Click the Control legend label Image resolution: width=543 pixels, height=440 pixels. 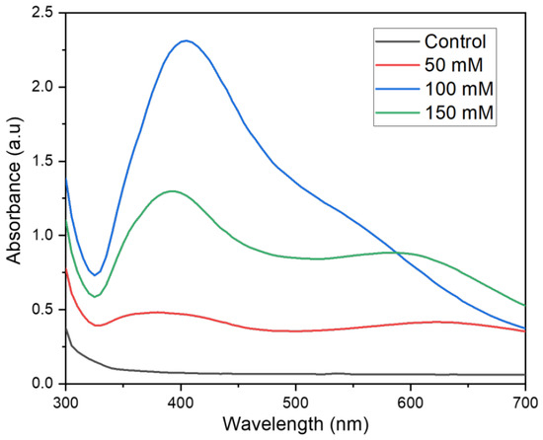pos(455,41)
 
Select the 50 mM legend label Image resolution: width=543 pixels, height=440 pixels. pos(454,65)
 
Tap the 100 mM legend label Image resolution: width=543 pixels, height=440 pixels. pos(459,89)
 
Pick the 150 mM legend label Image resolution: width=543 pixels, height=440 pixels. pos(459,112)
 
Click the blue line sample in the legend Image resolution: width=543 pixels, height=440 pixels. pos(397,89)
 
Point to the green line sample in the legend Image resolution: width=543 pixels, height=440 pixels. pos(397,112)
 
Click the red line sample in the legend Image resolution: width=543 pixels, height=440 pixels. pos(397,65)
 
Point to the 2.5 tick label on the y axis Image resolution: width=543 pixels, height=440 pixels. pos(43,13)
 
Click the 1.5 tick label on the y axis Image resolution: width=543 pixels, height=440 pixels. pos(43,161)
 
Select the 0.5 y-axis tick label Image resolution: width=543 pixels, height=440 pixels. pos(43,310)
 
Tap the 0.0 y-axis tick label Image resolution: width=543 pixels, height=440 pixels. pos(43,384)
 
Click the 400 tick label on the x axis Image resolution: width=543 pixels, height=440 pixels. pos(181,403)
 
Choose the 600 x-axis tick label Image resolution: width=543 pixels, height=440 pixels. pos(411,403)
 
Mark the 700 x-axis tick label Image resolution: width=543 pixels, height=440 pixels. pos(525,403)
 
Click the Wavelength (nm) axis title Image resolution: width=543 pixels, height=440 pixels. pos(295,424)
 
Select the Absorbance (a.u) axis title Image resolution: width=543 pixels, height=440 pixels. pos(15,191)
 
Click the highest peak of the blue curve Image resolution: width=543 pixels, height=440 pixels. pos(187,40)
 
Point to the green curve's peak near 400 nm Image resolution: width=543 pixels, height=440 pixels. pos(172,191)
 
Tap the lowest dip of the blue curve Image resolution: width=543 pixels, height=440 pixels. pos(95,275)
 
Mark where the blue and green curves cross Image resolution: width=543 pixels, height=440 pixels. pos(398,254)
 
